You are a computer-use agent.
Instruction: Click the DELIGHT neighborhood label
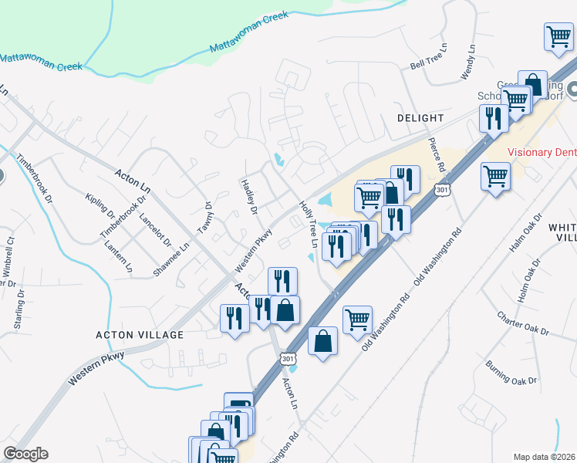pos(420,118)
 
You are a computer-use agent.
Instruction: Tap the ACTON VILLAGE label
pos(140,335)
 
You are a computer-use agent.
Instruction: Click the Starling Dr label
pos(18,310)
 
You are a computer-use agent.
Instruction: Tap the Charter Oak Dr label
pos(522,323)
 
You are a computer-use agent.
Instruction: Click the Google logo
pos(25,454)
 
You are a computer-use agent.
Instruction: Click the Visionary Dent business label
pos(542,152)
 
